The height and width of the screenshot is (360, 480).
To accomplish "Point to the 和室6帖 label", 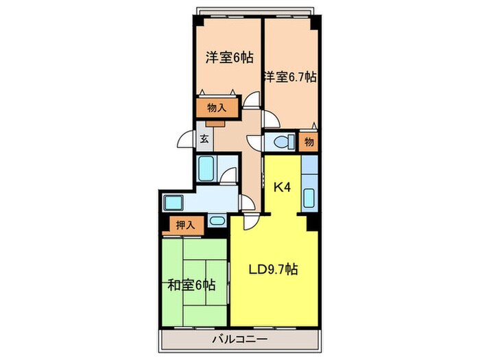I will coord(192,285).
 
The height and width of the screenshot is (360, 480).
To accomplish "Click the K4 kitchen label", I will coord(283,187).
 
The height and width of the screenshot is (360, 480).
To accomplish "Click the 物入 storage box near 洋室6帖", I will coord(217,107).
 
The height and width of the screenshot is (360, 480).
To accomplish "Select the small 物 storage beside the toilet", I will coord(309,143).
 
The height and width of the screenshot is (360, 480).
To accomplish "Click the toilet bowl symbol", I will coord(280,143).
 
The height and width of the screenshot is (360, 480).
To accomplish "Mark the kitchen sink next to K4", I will coord(309,195).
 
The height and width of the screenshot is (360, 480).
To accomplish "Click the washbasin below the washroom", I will coord(217,221).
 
